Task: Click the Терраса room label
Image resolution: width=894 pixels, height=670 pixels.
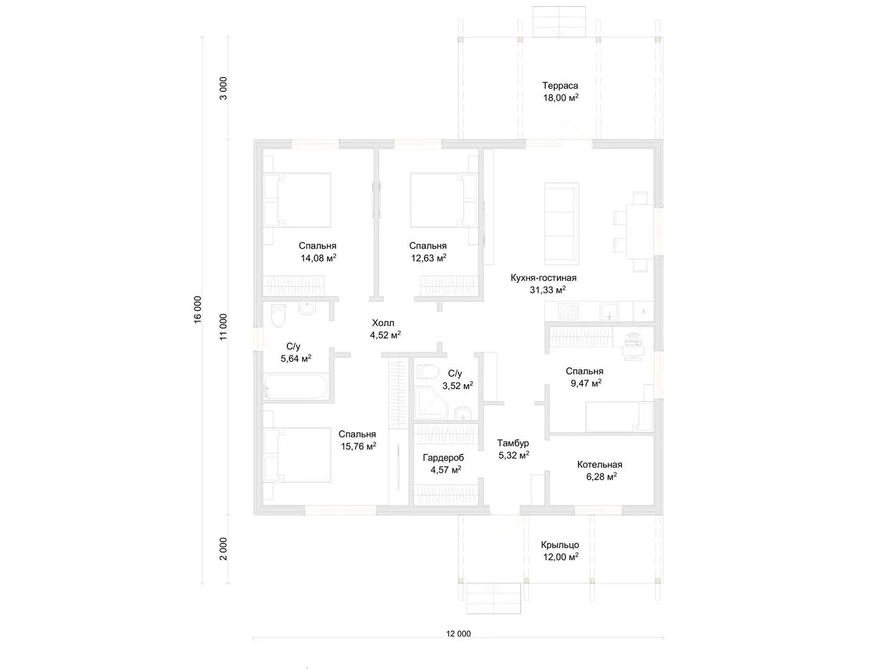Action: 559,86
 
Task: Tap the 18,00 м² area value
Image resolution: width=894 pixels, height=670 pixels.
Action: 561,97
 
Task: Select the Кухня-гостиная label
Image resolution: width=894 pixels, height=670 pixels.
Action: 543,278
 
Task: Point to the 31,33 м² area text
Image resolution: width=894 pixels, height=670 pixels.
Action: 548,290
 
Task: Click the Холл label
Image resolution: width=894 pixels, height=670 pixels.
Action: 383,323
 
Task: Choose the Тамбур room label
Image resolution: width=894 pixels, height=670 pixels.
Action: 513,443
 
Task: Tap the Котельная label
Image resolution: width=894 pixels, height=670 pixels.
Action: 600,465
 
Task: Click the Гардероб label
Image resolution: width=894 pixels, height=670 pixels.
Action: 443,458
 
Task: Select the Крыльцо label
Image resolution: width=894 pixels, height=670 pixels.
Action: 559,545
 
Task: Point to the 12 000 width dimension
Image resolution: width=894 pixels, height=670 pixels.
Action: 458,633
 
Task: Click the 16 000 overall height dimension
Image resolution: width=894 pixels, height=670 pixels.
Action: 197,310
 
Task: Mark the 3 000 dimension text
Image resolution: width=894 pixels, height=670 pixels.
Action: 223,88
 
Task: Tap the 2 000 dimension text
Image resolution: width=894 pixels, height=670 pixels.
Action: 223,549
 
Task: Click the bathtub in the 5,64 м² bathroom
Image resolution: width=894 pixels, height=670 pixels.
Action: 295,386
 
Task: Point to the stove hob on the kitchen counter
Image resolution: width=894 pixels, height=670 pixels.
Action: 568,311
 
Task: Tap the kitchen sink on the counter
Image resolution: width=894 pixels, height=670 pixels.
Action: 609,311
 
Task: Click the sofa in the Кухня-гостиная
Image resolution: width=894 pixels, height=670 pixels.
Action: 562,224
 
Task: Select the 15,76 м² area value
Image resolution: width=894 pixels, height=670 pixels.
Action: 358,446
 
